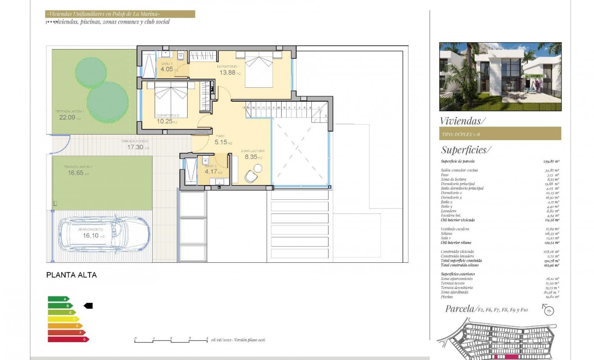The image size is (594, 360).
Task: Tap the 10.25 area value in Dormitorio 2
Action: coord(165,121)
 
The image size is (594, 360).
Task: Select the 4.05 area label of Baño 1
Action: coord(167,70)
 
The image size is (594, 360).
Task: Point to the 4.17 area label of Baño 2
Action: coord(211,171)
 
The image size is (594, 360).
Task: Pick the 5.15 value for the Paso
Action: coord(222,143)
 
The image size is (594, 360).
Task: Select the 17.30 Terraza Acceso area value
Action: coord(135,147)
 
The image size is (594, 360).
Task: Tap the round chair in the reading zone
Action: coord(257,168)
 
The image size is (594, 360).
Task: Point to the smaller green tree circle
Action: coord(91,70)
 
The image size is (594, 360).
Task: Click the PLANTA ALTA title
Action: coord(72,275)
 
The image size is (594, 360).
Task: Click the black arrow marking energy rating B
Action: coord(88,306)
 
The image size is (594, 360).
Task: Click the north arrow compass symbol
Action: coord(548,310)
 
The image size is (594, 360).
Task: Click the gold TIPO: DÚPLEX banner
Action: coord(500,134)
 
